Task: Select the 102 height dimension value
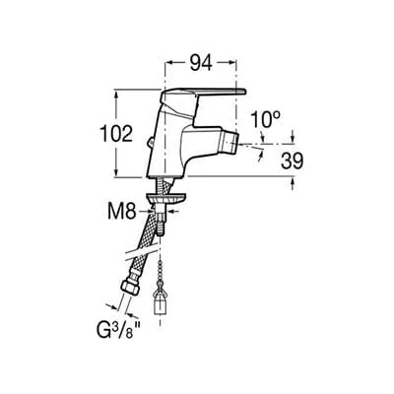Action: coord(116,134)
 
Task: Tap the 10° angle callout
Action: coord(266,119)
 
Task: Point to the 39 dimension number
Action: coord(292,161)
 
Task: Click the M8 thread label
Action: coord(122,212)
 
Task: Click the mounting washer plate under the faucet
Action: coord(166,198)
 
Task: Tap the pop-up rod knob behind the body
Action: coord(150,143)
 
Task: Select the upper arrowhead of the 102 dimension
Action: coord(116,95)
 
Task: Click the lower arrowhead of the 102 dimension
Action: coord(116,172)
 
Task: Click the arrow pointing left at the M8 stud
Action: coord(172,212)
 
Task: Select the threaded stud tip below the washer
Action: coord(160,226)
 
